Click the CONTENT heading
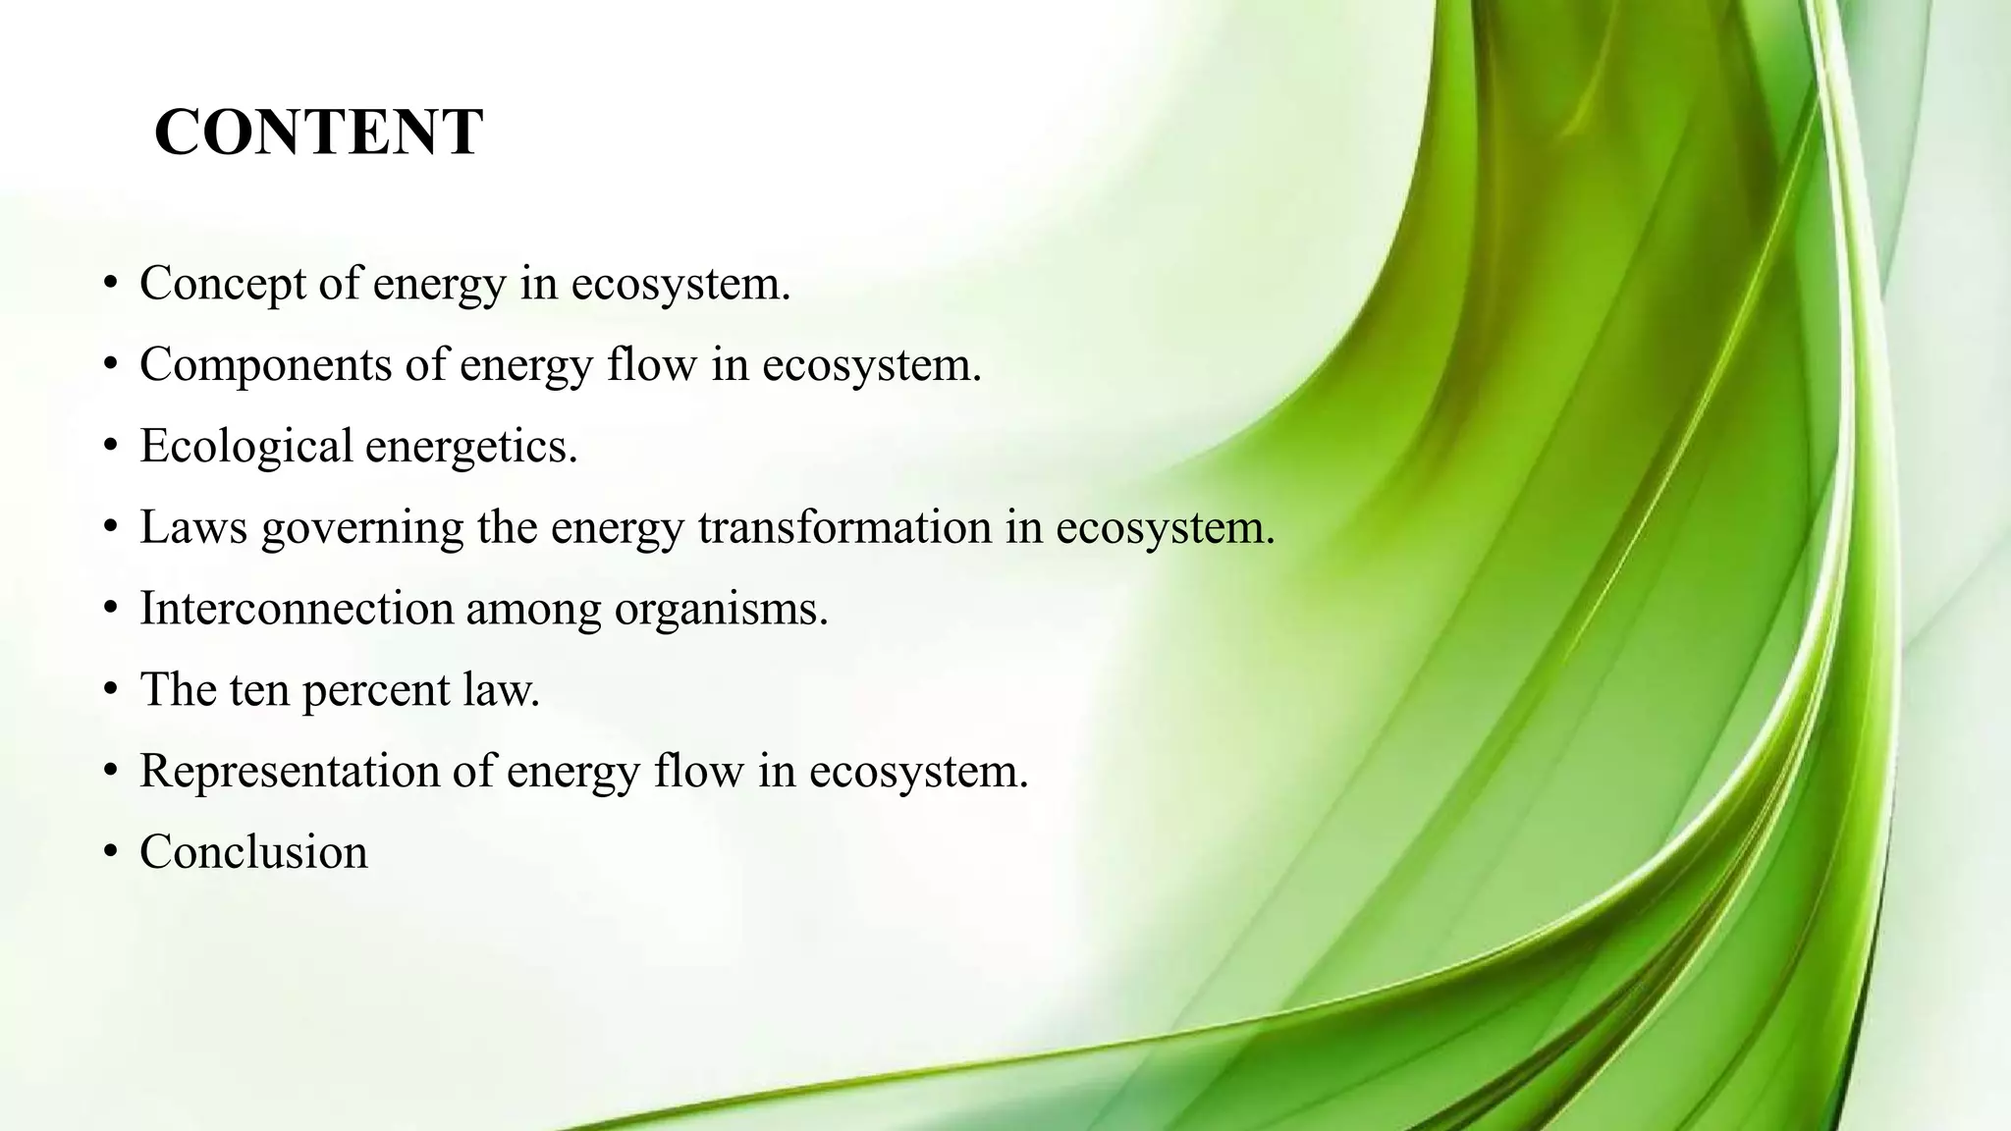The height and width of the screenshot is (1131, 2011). (x=318, y=133)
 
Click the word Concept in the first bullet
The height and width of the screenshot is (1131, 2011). (x=222, y=285)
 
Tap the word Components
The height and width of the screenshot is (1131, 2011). (x=265, y=365)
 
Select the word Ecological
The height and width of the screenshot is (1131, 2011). (x=245, y=447)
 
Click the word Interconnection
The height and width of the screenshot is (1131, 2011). (x=296, y=609)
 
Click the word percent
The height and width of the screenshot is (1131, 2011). (x=375, y=691)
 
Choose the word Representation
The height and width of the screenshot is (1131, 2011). (x=290, y=772)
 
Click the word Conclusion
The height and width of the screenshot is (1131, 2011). (x=253, y=852)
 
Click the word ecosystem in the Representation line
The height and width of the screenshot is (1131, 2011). (x=918, y=773)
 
